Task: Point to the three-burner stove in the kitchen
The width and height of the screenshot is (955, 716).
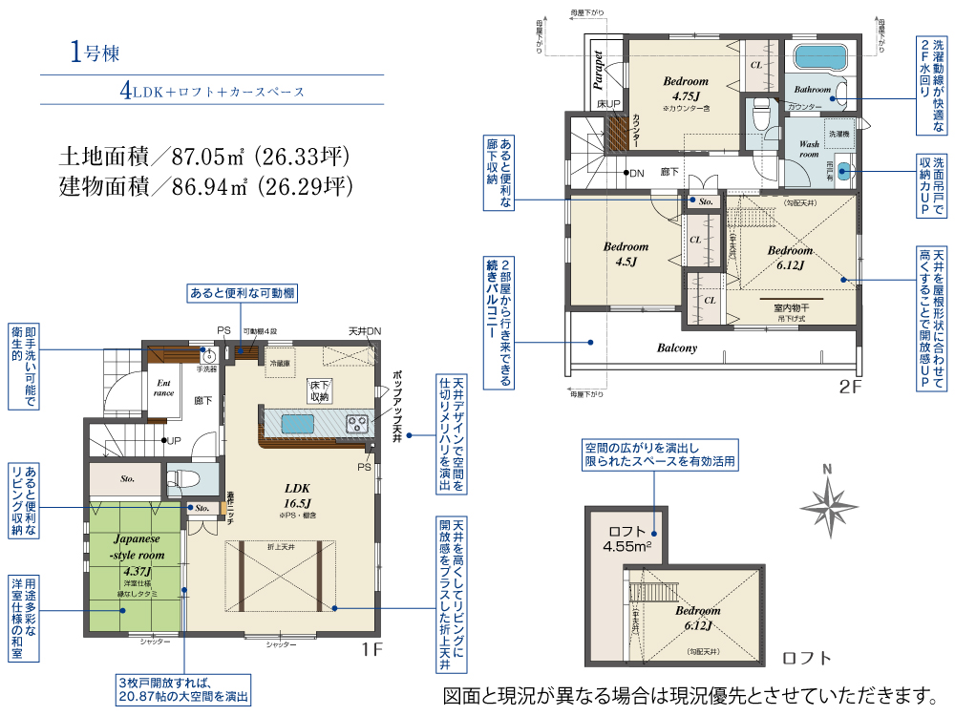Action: pyautogui.click(x=357, y=421)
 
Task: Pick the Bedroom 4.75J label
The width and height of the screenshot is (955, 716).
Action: pyautogui.click(x=686, y=89)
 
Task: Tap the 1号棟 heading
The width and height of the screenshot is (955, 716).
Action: pyautogui.click(x=94, y=53)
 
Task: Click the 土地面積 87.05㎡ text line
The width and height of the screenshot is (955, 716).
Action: pyautogui.click(x=202, y=156)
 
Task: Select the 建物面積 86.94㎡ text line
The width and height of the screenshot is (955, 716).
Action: pyautogui.click(x=202, y=184)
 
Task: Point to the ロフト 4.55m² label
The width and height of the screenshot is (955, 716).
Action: pyautogui.click(x=627, y=539)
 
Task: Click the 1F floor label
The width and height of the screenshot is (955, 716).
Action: pyautogui.click(x=371, y=649)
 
